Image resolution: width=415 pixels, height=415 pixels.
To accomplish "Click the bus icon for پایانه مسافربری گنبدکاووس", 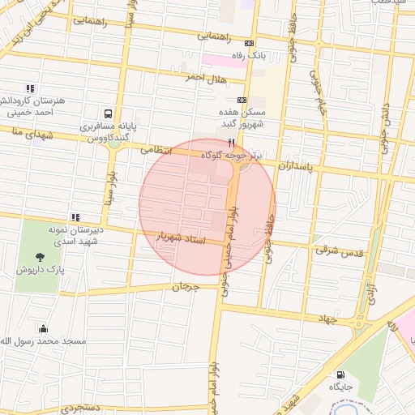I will tap(109, 113).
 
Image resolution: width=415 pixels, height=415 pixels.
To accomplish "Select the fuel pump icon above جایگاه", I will tap(340, 374).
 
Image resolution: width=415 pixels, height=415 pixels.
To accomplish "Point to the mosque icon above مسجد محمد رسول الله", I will tap(42, 328).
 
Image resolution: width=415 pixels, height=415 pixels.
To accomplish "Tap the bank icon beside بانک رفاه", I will tap(248, 44).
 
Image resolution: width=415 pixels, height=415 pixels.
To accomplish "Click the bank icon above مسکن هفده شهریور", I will tap(241, 100).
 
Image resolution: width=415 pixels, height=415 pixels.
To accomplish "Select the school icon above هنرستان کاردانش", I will tap(31, 88).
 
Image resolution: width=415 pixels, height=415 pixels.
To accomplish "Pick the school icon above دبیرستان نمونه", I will tap(75, 216).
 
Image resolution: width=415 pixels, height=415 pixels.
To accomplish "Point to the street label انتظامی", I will tap(157, 150).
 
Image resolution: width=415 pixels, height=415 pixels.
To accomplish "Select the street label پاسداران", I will tap(294, 164).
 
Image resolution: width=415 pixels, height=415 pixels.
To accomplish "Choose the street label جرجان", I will tap(185, 287).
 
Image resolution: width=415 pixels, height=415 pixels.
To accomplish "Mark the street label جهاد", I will tap(327, 319).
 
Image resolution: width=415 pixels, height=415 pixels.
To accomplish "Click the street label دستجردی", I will tap(79, 407).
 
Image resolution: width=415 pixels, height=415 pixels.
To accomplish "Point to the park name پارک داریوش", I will tap(39, 269).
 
